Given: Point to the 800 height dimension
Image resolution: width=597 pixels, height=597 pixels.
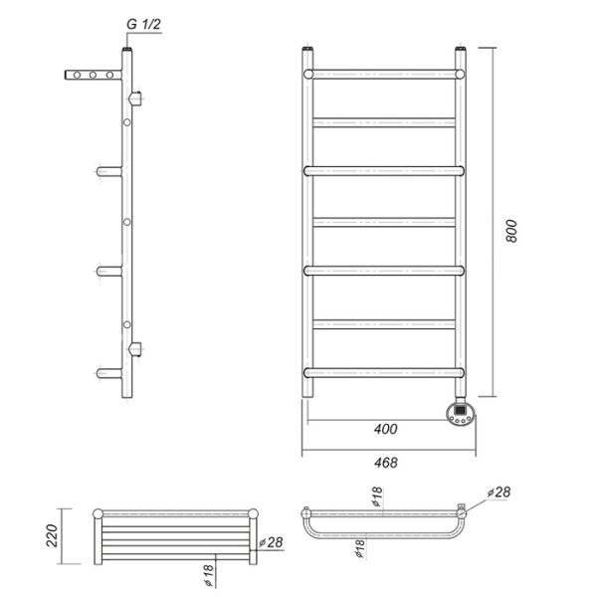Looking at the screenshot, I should click(511, 231).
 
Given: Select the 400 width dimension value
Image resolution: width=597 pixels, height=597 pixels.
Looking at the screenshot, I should click(386, 429).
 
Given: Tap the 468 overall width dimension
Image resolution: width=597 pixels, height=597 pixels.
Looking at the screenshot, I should click(386, 463).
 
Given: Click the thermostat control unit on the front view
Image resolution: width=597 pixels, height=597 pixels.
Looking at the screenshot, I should click(462, 413).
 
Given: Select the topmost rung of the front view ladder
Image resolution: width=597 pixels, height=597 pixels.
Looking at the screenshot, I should click(385, 74).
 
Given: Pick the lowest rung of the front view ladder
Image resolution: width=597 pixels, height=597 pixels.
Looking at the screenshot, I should click(385, 373).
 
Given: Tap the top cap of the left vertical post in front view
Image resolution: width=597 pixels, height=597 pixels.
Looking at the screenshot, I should click(308, 48).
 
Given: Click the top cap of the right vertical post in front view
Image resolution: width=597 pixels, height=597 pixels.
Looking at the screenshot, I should click(462, 48).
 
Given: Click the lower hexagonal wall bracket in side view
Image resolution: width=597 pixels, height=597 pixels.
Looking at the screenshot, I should click(136, 348).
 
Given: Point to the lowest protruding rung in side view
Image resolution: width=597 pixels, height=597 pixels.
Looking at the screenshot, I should click(107, 373).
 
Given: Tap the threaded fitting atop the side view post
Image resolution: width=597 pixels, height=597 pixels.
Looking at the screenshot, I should click(126, 47).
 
